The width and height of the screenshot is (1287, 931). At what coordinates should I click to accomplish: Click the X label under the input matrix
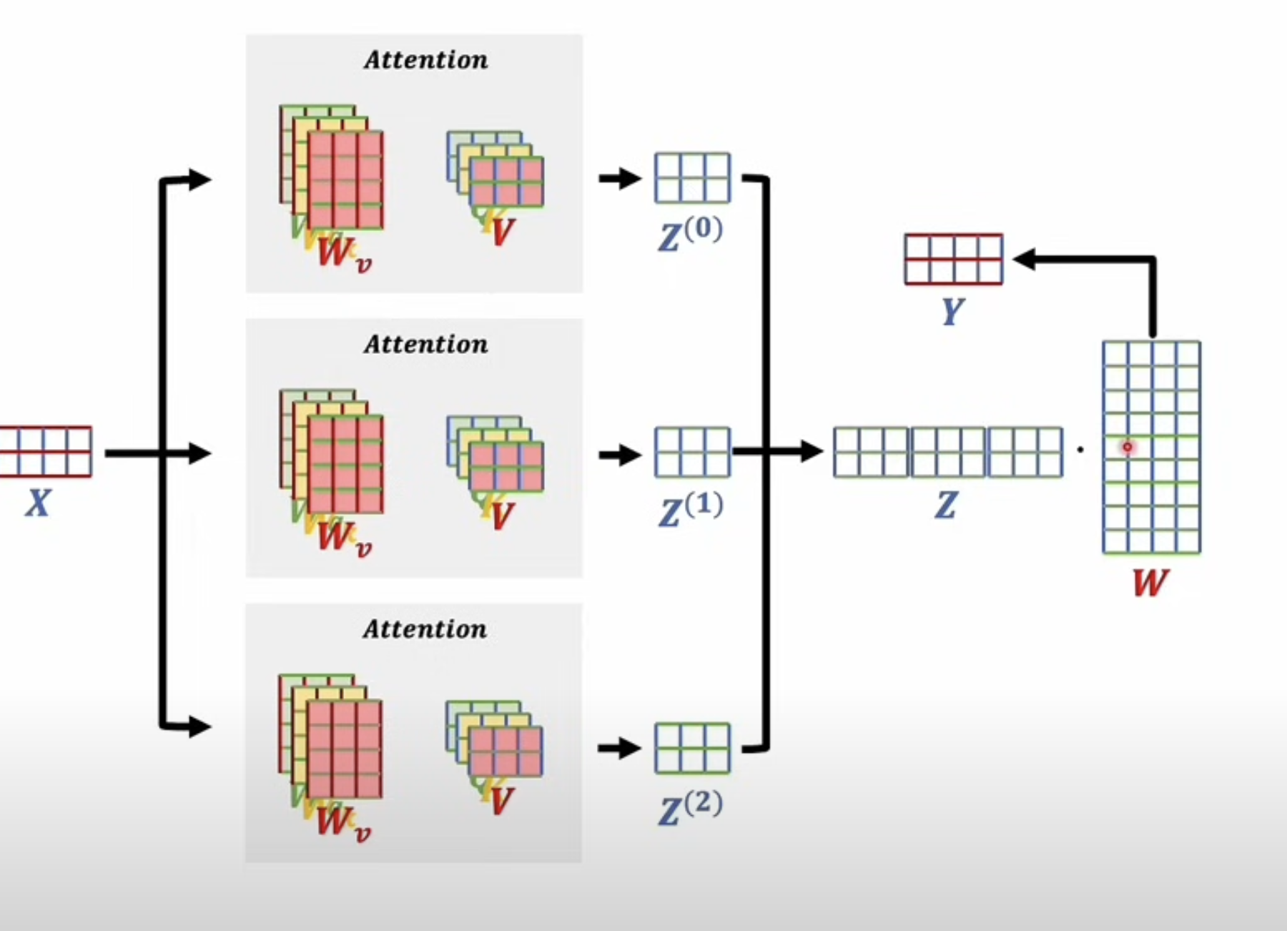click(38, 503)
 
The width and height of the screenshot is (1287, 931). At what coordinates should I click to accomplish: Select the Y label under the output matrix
click(952, 311)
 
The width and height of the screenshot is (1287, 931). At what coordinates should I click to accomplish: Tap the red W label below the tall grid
click(1150, 583)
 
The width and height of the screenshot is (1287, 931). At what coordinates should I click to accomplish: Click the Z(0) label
click(689, 235)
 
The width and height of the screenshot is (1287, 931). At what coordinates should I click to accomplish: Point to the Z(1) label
click(689, 510)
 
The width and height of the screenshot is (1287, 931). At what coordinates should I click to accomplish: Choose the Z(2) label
click(689, 809)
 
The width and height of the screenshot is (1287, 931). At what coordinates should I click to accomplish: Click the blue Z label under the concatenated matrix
click(945, 506)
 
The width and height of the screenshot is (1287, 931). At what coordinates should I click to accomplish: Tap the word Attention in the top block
click(425, 60)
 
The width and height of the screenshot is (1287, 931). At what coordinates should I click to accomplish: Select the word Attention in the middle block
click(425, 345)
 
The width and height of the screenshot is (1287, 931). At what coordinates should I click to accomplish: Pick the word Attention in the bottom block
click(425, 629)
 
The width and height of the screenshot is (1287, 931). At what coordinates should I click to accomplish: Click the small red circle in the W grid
click(1128, 448)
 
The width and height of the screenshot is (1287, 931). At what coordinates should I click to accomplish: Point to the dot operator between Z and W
click(1080, 450)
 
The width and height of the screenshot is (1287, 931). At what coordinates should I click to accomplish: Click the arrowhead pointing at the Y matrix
click(1024, 260)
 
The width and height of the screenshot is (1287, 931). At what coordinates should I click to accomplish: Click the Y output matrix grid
click(953, 259)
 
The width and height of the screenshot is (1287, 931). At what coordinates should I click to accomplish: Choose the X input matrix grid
click(46, 451)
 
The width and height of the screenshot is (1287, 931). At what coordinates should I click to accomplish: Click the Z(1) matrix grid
click(692, 452)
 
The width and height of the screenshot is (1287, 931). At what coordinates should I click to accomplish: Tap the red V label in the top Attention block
click(503, 232)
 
